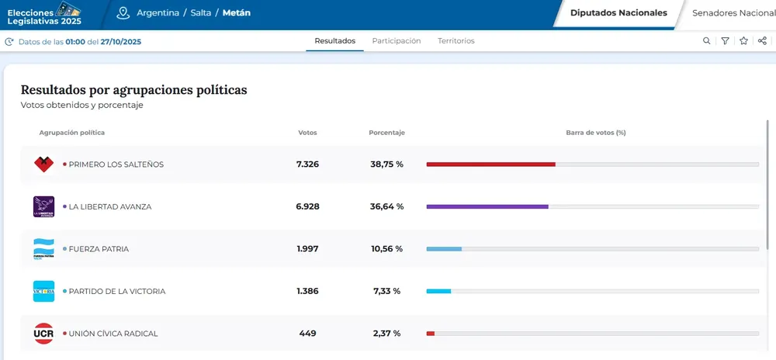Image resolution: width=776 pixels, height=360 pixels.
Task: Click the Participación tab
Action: point(396,41)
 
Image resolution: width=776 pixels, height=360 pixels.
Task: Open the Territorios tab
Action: point(456,41)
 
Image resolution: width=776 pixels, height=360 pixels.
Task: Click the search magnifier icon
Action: point(706,41)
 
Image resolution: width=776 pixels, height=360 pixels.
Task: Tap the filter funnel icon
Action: point(725,41)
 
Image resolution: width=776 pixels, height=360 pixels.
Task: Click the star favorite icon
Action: point(743,41)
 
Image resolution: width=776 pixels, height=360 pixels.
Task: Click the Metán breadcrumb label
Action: point(237,13)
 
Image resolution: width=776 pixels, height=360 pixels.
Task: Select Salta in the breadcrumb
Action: point(202,13)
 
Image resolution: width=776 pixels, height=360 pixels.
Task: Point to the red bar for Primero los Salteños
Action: point(490,164)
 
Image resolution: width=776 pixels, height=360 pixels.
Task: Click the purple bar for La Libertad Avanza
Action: point(487,207)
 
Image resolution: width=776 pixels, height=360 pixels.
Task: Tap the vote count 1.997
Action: point(307,249)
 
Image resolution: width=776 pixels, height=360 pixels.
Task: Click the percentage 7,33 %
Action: point(386,292)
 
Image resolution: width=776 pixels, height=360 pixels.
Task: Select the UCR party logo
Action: point(43,334)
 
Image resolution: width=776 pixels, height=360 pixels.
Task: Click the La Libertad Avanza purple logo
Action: point(43,206)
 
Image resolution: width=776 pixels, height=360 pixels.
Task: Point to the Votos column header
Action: point(307,133)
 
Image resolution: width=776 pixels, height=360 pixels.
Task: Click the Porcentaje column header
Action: point(386,133)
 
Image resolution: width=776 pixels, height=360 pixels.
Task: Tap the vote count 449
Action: point(307,334)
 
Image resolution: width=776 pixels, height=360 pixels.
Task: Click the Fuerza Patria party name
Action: point(99,249)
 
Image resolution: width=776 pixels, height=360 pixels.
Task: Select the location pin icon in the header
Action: point(123,13)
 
